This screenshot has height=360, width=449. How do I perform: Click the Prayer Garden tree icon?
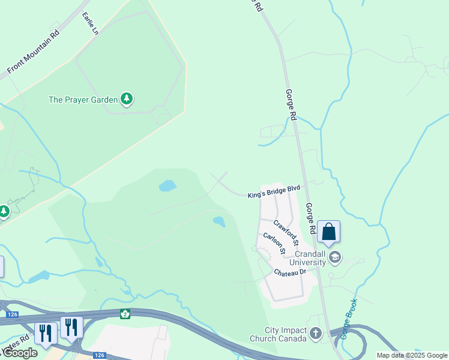pos(126,99)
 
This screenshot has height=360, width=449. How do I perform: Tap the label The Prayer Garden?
pos(83,100)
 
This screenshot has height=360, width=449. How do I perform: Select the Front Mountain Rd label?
pos(34,53)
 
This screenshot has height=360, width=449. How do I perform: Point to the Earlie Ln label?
pos(89,23)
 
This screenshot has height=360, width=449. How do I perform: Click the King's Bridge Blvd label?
pos(274,191)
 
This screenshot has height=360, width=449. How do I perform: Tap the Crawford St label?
pos(286,232)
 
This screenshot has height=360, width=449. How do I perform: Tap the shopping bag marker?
pos(329,232)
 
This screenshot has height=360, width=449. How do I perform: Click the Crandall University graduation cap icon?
pos(335,258)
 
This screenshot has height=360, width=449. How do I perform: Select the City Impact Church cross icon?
pos(316,333)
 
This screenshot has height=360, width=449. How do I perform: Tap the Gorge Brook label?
pos(349,319)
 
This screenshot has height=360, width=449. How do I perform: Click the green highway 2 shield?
pos(125,314)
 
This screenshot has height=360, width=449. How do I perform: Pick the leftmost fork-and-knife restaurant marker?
pos(46,332)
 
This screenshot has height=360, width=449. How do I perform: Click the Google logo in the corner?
pos(19,352)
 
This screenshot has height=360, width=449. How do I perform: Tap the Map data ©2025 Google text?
pos(411,355)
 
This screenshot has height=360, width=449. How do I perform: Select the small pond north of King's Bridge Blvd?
pos(167,185)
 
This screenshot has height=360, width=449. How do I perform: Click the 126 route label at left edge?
pos(10,314)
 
